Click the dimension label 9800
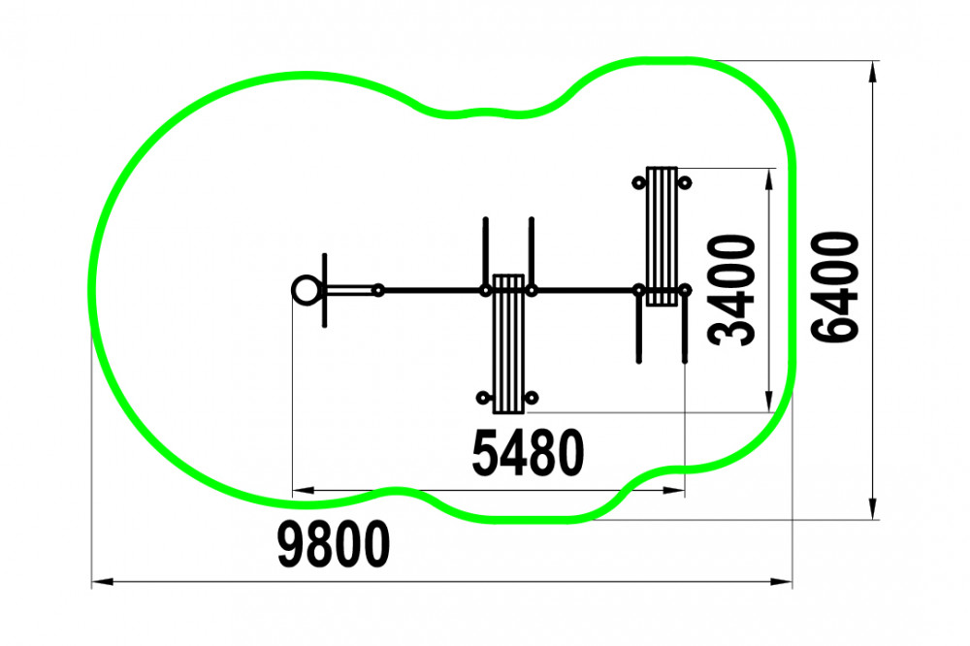tap(334, 544)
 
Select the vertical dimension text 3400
tap(732, 290)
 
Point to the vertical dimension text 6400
tap(835, 287)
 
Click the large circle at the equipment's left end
tap(306, 290)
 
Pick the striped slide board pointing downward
tap(508, 344)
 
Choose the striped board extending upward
tap(662, 237)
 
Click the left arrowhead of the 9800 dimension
tap(103, 582)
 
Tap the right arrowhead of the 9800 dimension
tap(781, 582)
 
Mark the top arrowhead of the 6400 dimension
tap(873, 73)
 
